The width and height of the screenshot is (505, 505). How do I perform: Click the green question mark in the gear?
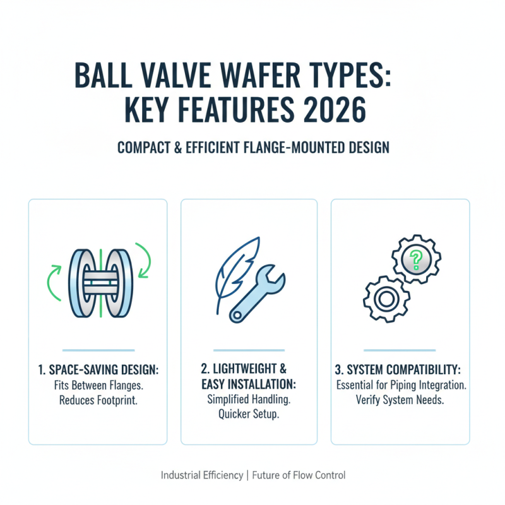click(x=415, y=257)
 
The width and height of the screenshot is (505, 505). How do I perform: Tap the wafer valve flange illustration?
click(x=98, y=281)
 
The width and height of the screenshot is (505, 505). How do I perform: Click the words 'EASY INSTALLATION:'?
click(x=249, y=385)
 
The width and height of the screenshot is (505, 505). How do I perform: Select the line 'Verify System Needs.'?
click(x=400, y=399)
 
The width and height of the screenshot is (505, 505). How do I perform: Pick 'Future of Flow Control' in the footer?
click(x=299, y=475)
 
